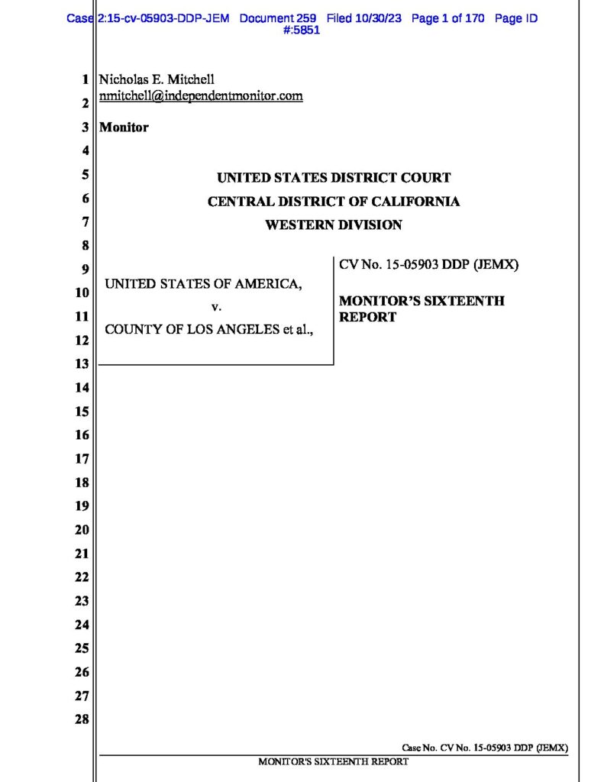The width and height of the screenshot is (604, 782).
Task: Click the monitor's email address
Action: point(202,96)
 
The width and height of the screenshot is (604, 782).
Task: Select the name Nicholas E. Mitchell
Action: point(157,79)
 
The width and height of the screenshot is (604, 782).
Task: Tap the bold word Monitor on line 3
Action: point(124,128)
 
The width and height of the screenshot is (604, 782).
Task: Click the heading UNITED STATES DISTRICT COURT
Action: point(334,178)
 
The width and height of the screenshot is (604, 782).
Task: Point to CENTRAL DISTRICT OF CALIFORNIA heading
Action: point(334,202)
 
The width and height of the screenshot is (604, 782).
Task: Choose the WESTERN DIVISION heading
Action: point(334,225)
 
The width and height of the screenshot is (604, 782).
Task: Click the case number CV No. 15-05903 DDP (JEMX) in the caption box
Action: point(428,266)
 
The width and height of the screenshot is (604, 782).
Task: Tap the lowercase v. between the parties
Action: point(215,307)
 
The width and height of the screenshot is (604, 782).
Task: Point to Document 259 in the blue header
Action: point(278,18)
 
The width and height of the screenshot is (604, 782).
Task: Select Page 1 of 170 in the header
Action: point(447,18)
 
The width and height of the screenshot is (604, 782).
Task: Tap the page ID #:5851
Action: point(301,31)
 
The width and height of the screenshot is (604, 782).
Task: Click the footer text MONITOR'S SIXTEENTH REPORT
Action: point(334,761)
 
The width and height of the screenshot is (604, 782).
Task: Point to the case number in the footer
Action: point(485,748)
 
